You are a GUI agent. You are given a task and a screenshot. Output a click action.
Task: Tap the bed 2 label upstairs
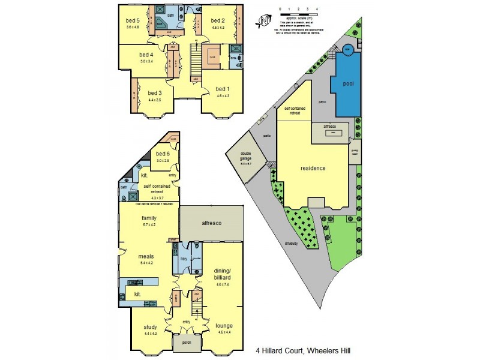[217, 19]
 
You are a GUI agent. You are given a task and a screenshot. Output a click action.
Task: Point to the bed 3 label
[155, 93]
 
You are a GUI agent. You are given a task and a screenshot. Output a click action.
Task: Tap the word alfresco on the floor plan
[211, 223]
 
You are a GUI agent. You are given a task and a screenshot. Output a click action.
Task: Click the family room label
[148, 218]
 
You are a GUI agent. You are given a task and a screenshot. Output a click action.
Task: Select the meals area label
[146, 256]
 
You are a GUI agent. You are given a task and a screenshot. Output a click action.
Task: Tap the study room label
[151, 327]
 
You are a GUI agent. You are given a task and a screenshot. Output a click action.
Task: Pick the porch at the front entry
[182, 344]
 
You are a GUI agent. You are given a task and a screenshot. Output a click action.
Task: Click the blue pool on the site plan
[347, 85]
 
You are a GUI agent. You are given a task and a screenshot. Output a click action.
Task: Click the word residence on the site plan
[313, 168]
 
